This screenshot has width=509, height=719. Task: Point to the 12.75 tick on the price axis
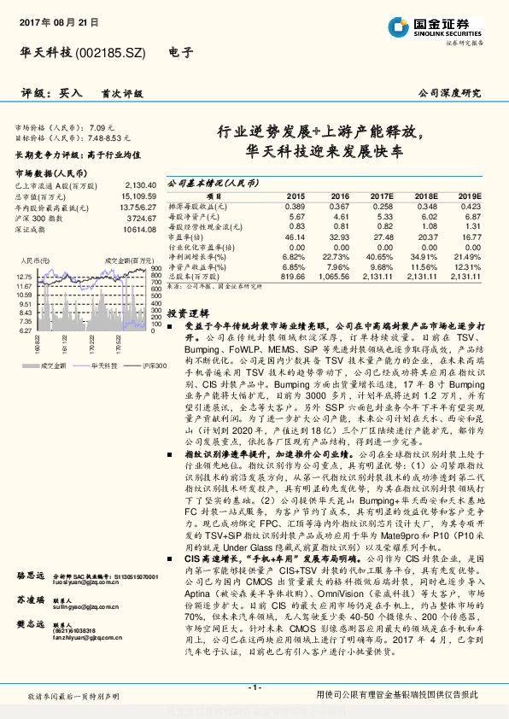point(24,276)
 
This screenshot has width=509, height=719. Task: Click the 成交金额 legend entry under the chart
point(46,365)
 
